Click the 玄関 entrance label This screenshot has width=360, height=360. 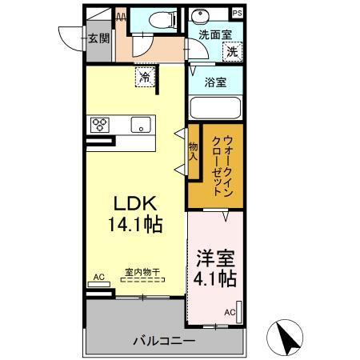98,38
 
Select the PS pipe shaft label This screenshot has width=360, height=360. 237,14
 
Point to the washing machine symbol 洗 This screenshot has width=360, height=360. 231,50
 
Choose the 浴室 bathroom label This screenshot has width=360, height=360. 215,81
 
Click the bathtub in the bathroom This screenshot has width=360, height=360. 215,108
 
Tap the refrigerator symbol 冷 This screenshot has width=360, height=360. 145,78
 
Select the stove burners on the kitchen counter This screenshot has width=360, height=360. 101,124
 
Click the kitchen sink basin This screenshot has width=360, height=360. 140,125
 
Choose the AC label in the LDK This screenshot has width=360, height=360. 99,277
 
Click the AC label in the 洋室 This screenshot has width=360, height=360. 230,311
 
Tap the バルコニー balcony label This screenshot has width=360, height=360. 163,341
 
